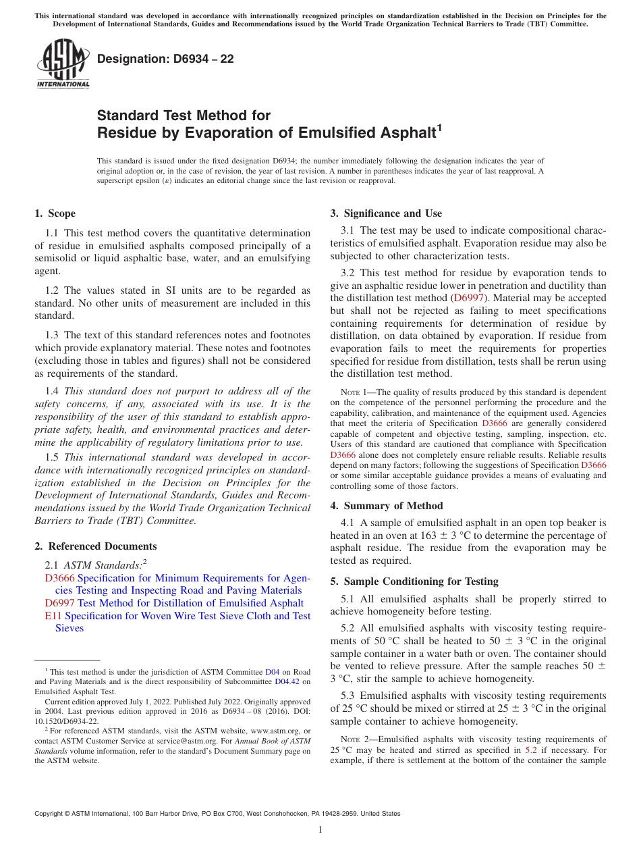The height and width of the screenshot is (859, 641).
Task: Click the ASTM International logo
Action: (x=63, y=63)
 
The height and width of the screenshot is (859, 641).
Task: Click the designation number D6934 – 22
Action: (x=165, y=59)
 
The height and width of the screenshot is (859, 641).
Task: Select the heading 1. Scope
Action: (x=55, y=213)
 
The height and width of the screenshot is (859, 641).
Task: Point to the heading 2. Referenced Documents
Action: (x=95, y=546)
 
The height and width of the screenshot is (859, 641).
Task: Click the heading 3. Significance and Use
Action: (x=386, y=213)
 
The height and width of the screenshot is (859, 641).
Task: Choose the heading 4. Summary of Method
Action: (x=386, y=506)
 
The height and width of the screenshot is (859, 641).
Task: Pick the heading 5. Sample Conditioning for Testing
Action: (x=414, y=581)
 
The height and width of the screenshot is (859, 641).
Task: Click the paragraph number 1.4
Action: (x=52, y=391)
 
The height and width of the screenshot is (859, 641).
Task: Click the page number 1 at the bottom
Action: (x=320, y=829)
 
